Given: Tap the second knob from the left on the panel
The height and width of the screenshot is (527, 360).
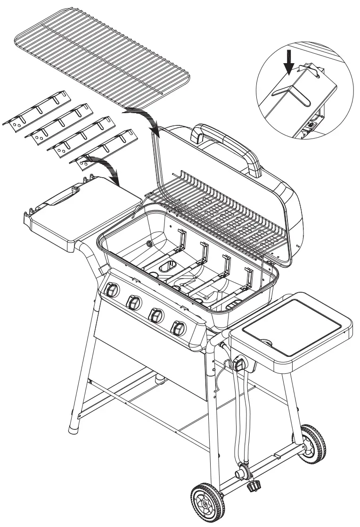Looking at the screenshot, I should point(133,302).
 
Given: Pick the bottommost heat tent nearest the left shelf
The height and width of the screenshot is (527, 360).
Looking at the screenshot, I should point(101,151).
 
